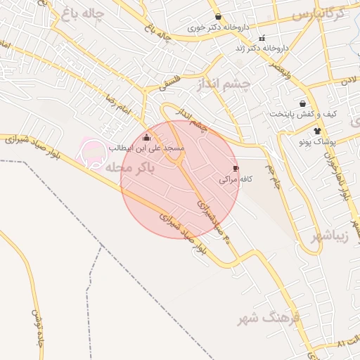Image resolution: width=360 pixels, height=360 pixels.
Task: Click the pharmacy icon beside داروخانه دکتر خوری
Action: click(x=218, y=17)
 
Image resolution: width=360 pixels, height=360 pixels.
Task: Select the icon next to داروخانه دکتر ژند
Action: click(x=262, y=38)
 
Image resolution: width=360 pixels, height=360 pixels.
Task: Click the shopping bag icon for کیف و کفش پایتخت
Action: click(x=303, y=103)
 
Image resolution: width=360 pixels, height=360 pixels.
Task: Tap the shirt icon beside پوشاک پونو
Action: click(x=317, y=130)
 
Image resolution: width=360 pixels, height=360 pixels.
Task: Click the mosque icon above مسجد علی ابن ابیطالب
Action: click(x=146, y=138)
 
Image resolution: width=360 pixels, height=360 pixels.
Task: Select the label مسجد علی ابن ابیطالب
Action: click(x=146, y=149)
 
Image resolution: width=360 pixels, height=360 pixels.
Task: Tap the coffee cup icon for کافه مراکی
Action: click(x=236, y=169)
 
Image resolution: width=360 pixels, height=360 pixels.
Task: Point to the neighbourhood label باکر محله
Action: click(x=126, y=169)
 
